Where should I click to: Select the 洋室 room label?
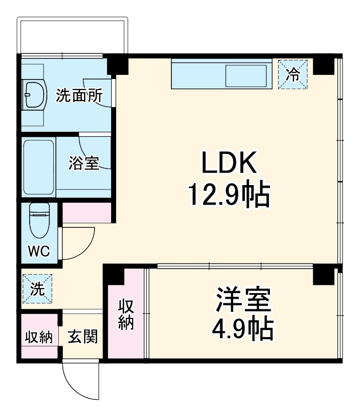click(x=244, y=301)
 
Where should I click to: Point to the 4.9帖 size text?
click(x=244, y=329)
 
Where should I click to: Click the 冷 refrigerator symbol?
click(x=293, y=74)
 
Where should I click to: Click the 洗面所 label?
click(x=79, y=95)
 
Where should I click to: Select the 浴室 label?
click(x=83, y=163)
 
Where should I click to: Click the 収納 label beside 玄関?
click(x=39, y=337)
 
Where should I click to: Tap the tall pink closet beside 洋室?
click(x=126, y=314)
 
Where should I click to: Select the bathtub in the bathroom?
click(x=39, y=167)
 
